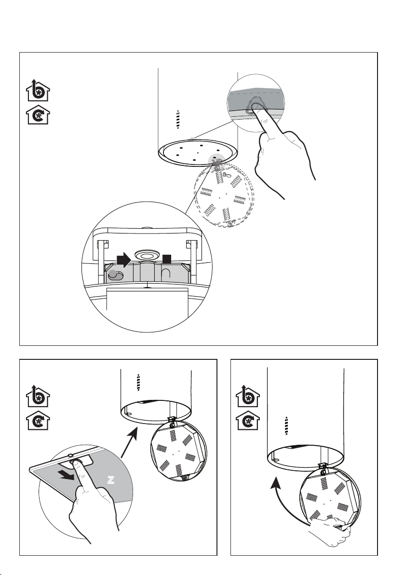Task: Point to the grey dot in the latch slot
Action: click(113, 274)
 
